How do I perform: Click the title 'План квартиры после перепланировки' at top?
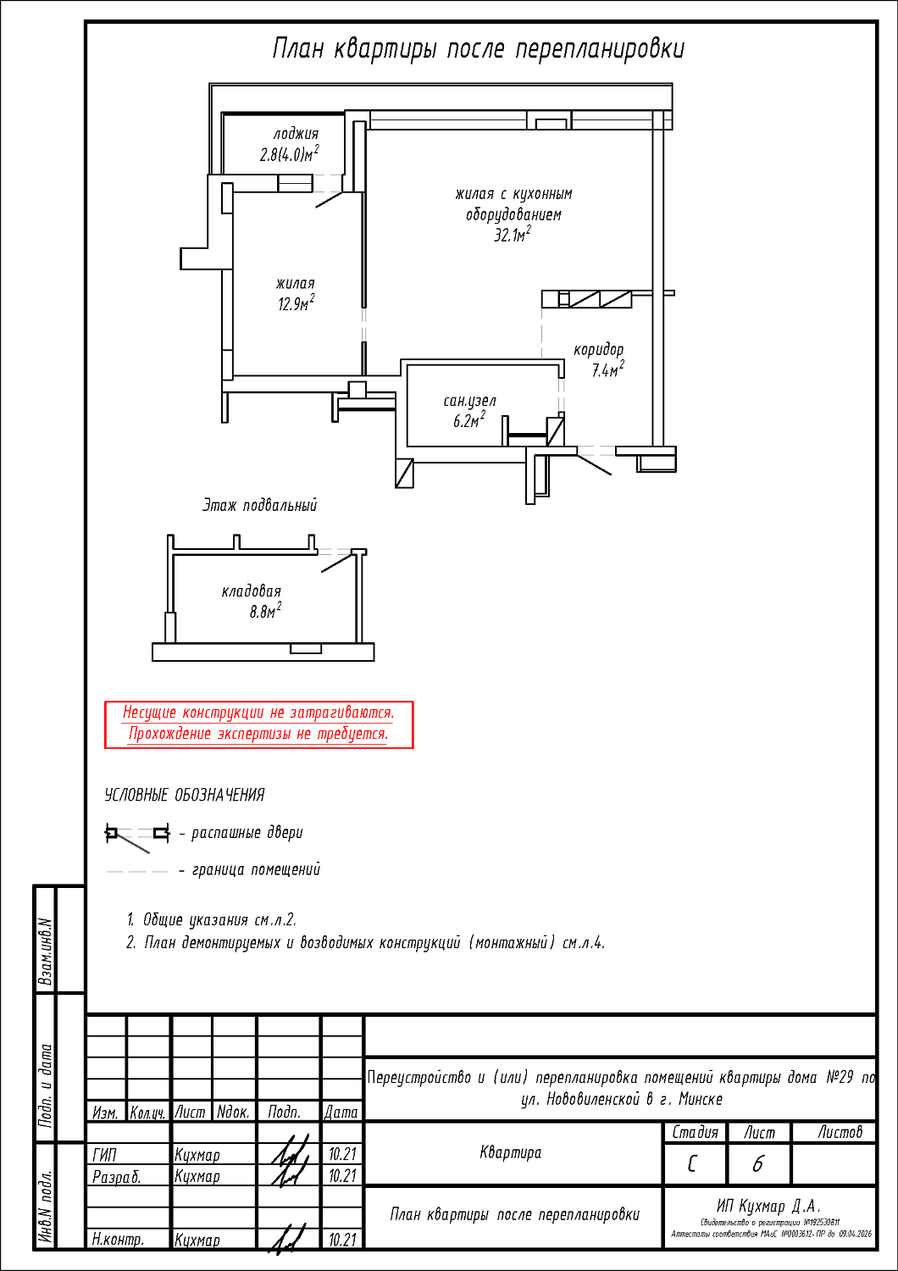click(478, 49)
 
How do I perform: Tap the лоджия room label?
click(296, 134)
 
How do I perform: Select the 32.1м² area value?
click(513, 235)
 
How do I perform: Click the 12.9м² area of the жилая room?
click(296, 303)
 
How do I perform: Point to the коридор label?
click(598, 349)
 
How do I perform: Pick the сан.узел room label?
click(469, 401)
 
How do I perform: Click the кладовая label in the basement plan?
click(251, 591)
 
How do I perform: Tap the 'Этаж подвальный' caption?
click(259, 506)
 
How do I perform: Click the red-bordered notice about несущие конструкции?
click(258, 724)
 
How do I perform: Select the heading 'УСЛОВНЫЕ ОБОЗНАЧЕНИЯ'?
click(185, 795)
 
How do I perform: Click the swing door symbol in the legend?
click(136, 835)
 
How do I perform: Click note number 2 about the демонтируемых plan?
click(366, 943)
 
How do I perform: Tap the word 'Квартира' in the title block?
click(510, 1152)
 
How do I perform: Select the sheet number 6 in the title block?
click(757, 1165)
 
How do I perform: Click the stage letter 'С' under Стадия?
click(693, 1165)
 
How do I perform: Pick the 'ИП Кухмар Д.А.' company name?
click(769, 1206)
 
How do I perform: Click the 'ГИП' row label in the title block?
click(105, 1154)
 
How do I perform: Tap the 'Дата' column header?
click(341, 1112)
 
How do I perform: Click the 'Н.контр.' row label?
click(118, 1240)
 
